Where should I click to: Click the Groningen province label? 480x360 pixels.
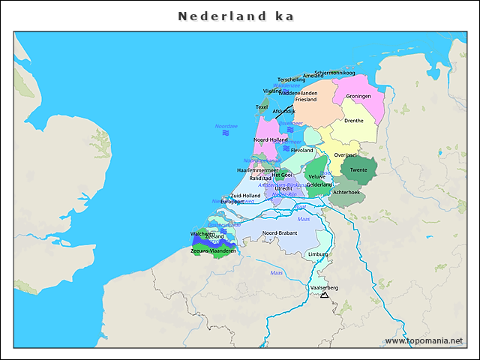(358, 97)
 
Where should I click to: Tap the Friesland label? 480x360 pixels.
(306, 99)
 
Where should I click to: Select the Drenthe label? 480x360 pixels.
(353, 121)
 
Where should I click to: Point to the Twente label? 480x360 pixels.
(358, 170)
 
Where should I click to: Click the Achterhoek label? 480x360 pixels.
(346, 193)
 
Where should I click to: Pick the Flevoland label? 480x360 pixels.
(301, 151)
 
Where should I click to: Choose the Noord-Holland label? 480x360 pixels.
(270, 140)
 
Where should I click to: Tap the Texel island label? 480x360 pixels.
(262, 107)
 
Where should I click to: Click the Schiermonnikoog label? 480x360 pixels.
(334, 73)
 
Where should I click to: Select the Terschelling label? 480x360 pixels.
(291, 79)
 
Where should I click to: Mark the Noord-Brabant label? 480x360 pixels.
(280, 233)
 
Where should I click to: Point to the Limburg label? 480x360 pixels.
(318, 254)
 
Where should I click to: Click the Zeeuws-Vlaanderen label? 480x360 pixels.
(214, 251)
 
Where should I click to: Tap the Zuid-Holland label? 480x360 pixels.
(245, 196)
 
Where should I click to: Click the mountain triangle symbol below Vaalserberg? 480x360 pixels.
(324, 295)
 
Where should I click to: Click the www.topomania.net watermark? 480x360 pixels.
(424, 340)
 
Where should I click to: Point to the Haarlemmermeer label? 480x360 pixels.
(257, 170)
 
